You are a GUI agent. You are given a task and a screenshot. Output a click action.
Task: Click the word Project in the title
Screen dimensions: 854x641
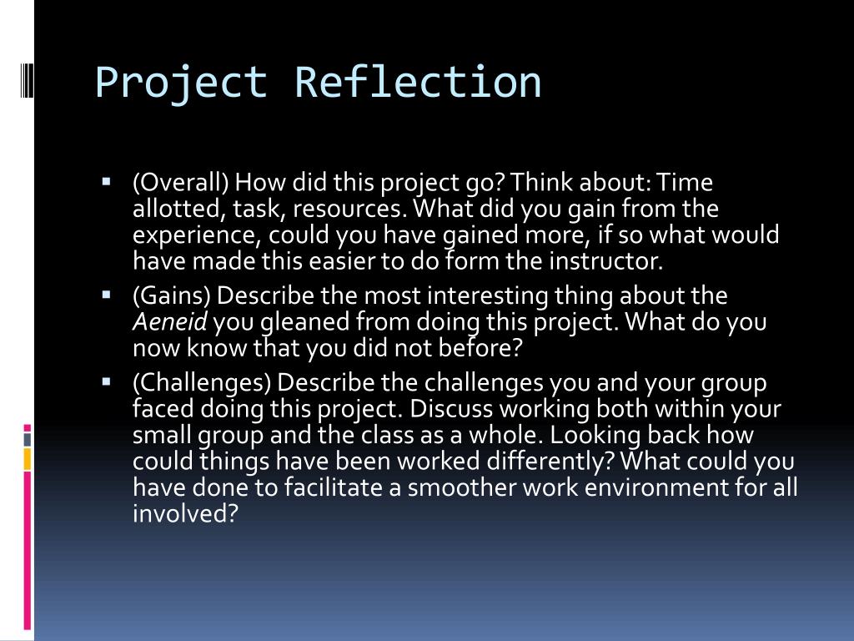tap(181, 83)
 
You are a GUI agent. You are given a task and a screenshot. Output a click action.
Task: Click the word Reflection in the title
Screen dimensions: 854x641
tap(419, 82)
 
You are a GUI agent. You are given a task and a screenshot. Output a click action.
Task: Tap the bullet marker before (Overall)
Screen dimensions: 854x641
tap(106, 181)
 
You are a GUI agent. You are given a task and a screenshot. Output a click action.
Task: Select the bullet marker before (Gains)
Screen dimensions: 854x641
tap(106, 295)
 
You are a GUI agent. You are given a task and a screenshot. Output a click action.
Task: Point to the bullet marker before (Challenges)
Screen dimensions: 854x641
tap(106, 382)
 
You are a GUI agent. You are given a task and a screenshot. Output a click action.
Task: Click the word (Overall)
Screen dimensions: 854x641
tap(181, 183)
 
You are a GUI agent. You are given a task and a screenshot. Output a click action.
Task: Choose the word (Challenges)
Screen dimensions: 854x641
tap(202, 383)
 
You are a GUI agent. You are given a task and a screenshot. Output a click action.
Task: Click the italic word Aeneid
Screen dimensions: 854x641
tap(170, 321)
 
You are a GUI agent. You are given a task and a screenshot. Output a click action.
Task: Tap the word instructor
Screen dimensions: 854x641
tap(605, 261)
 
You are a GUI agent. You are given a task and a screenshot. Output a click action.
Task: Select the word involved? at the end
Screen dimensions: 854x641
tap(186, 513)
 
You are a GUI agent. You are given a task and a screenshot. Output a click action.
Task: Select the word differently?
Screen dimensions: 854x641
tap(550, 462)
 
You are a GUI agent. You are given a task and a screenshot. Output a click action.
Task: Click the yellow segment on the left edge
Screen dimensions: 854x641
tap(28, 459)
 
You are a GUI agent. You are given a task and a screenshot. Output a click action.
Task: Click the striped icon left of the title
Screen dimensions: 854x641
tap(27, 81)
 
